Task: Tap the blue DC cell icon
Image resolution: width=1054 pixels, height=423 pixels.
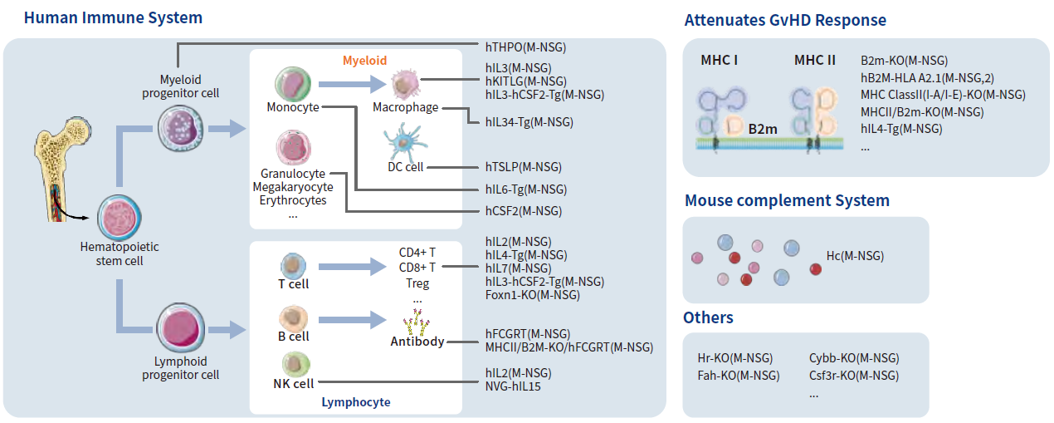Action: pos(406,140)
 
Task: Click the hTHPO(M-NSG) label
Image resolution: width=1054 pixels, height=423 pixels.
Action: pos(526,47)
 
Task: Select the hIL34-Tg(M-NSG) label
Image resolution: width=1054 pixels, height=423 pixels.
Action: pos(529,122)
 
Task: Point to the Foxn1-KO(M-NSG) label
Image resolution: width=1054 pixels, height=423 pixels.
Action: pos(532,295)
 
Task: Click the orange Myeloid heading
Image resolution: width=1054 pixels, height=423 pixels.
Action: pos(365,61)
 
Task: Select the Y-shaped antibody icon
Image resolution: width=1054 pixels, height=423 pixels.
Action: pos(414,322)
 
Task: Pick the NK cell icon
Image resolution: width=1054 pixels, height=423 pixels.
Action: pos(295,364)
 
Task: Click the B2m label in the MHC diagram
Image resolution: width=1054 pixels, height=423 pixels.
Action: pos(763,129)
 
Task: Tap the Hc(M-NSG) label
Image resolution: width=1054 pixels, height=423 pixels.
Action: pos(855,256)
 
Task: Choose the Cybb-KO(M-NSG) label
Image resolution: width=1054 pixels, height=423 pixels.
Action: pos(853,358)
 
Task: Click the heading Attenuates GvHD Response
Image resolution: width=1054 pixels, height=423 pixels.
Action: pos(785,20)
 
